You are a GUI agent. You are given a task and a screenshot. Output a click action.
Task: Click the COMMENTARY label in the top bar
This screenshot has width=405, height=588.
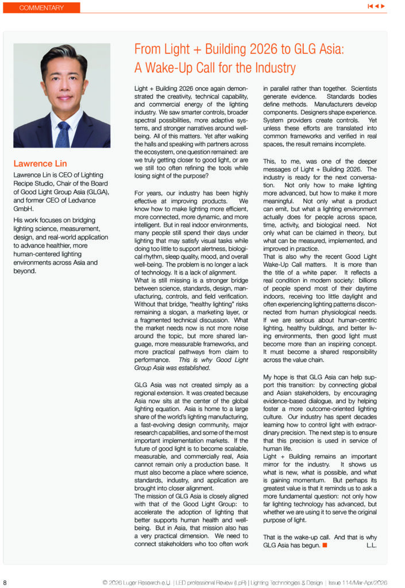41,8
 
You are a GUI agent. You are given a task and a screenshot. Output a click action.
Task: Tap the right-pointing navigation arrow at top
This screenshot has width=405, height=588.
383,6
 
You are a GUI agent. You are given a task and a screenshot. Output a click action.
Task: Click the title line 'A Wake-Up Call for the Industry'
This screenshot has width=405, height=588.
215,68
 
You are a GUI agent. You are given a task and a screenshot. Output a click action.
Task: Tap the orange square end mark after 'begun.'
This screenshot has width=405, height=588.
325,544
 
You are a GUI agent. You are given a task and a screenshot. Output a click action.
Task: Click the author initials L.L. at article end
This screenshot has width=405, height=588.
371,544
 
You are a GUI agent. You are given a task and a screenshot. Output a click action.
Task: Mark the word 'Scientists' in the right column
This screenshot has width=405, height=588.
361,90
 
